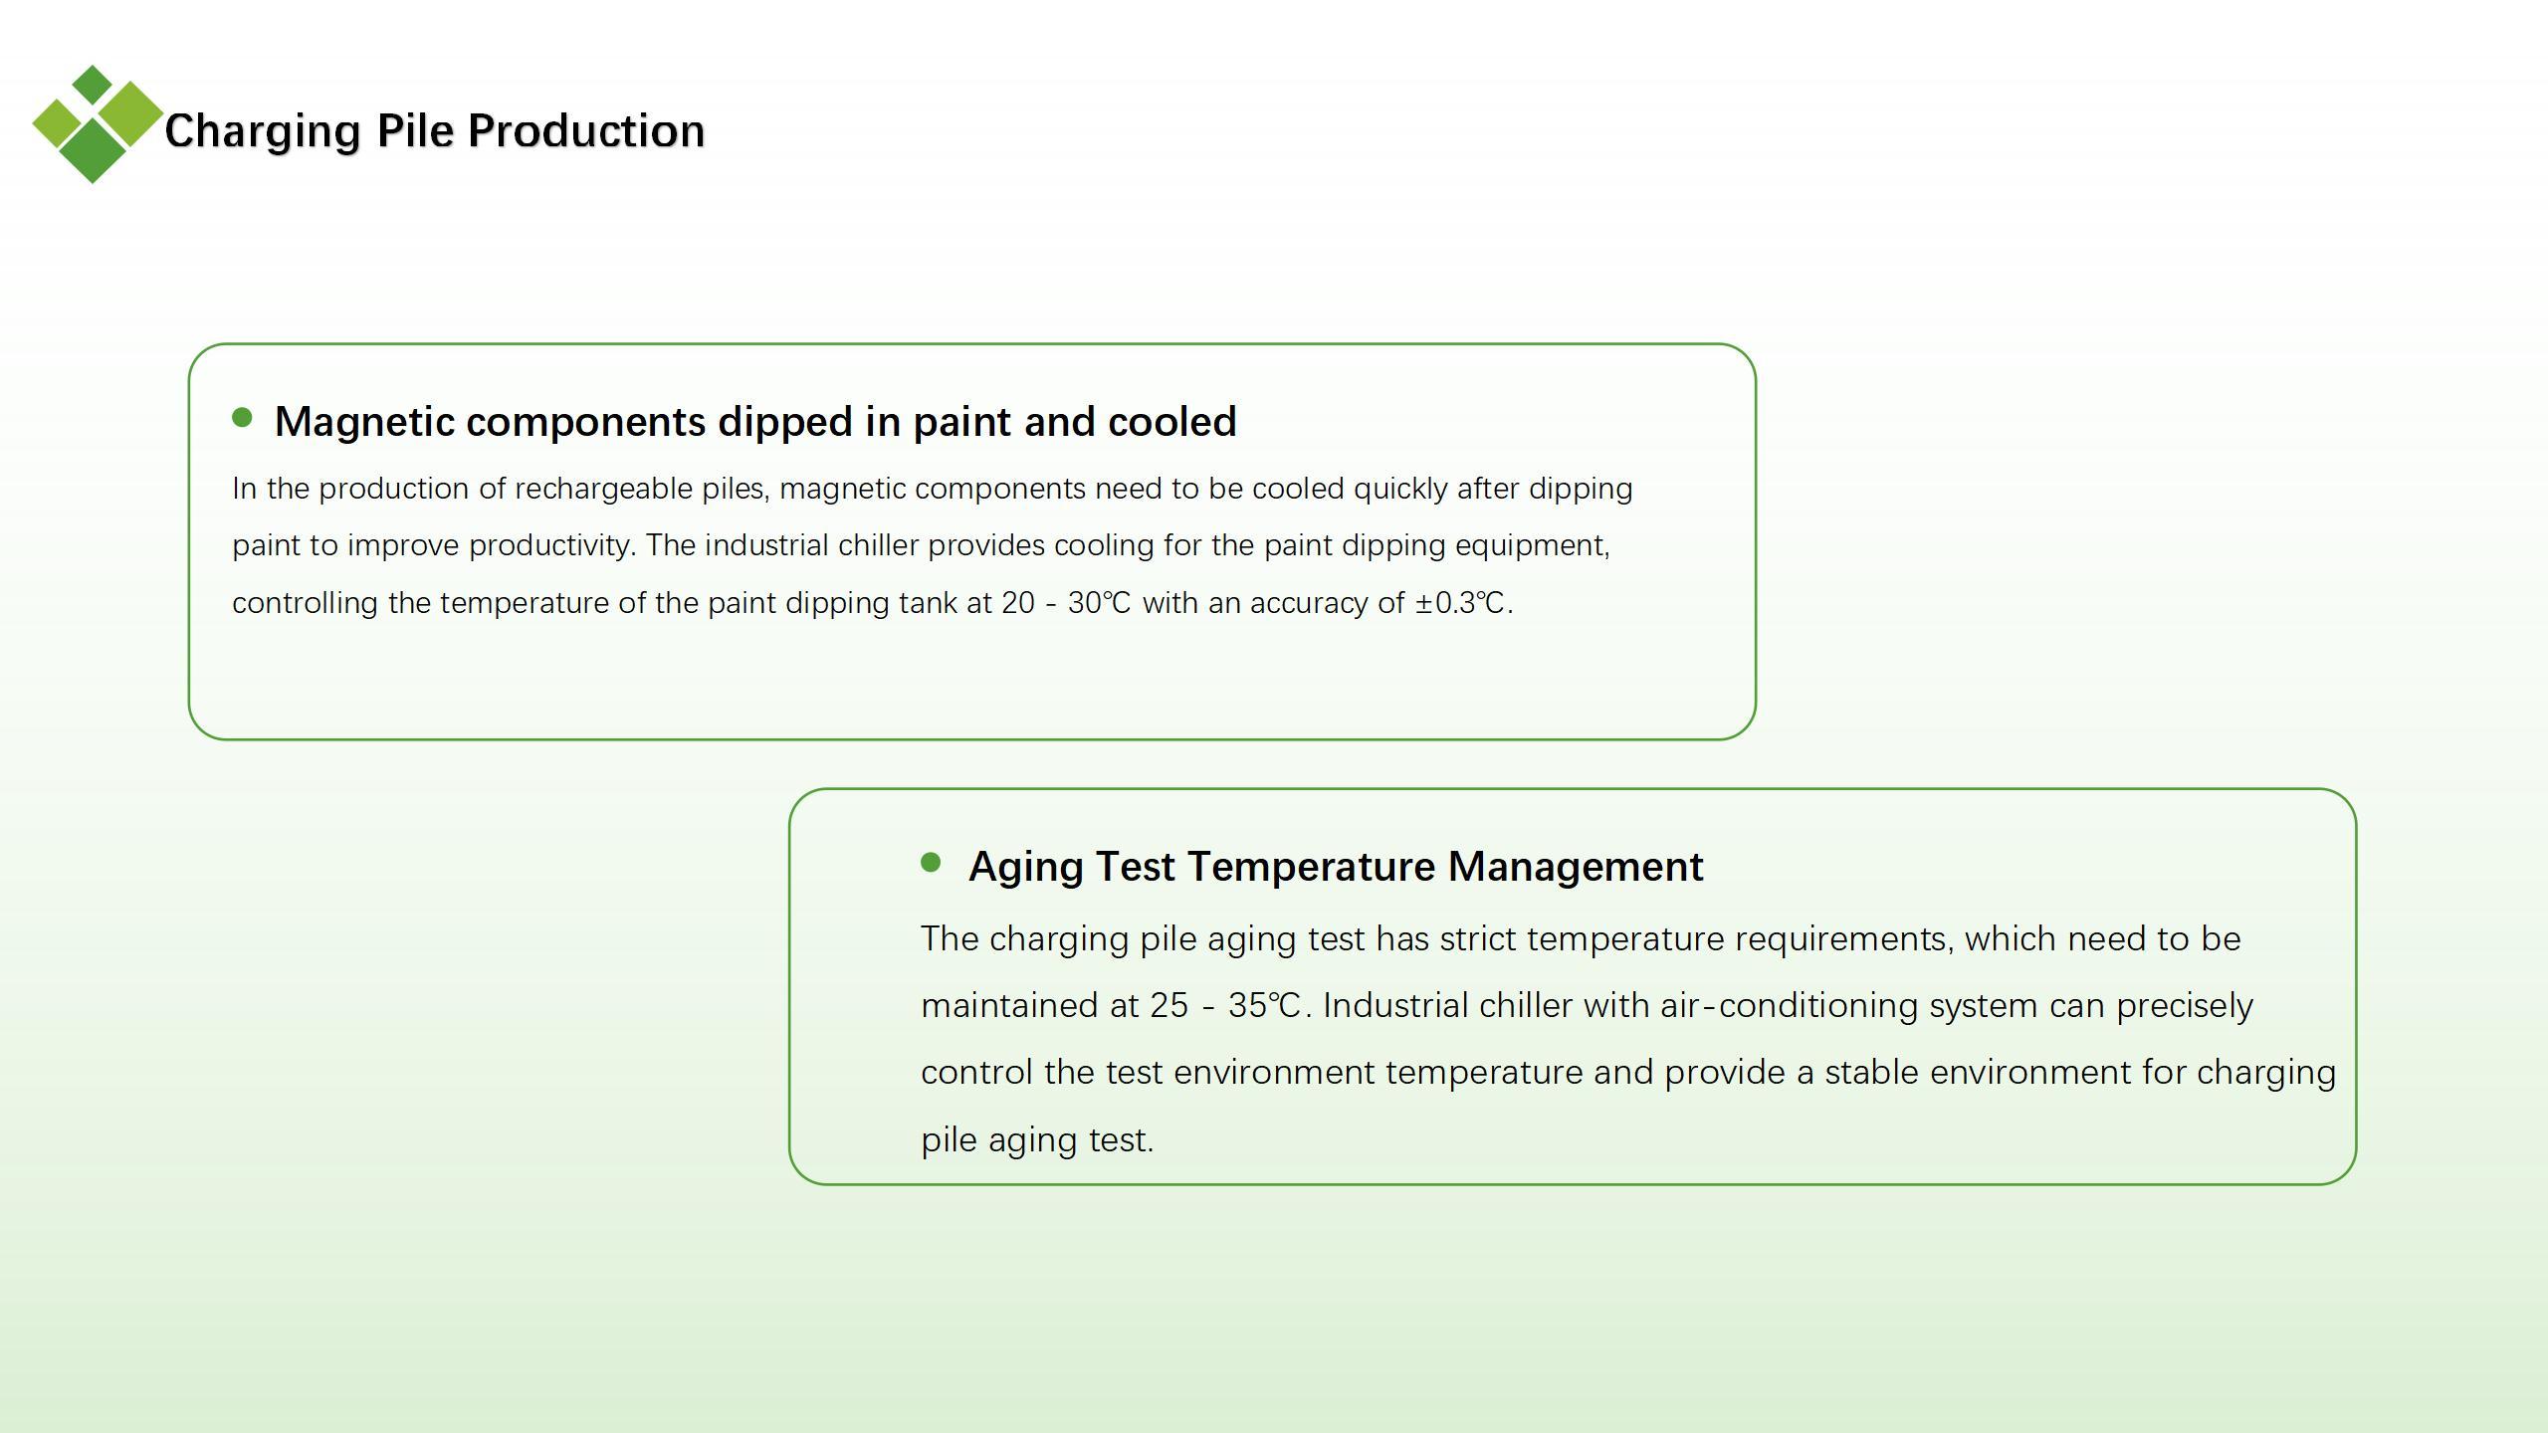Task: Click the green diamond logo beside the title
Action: (x=97, y=124)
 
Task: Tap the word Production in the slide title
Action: (x=586, y=131)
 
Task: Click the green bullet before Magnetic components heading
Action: (x=242, y=417)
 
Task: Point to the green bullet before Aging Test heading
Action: (x=931, y=862)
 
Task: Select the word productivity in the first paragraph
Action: (x=551, y=546)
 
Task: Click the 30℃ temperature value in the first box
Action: (x=1099, y=603)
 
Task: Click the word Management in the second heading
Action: (x=1576, y=867)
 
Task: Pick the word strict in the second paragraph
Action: (x=1478, y=939)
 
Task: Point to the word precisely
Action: (x=2185, y=1006)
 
